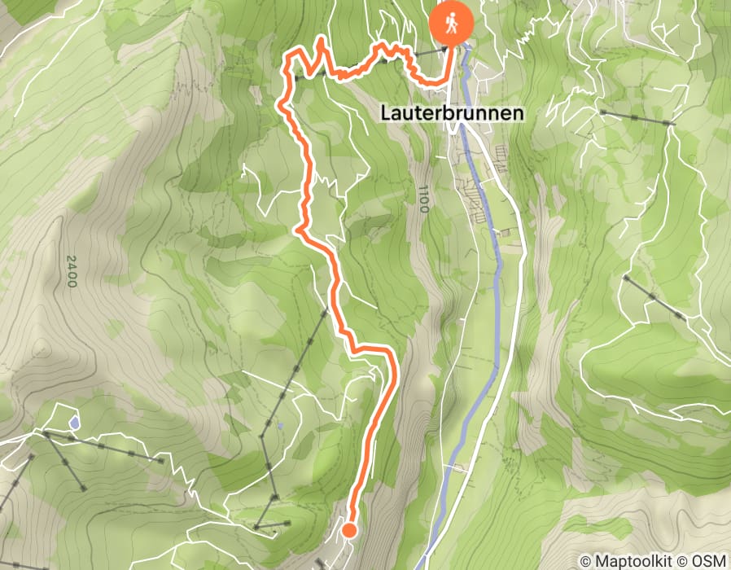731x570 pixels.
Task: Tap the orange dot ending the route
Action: (349, 531)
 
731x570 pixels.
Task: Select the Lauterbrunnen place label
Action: (451, 114)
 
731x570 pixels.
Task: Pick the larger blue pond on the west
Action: (74, 423)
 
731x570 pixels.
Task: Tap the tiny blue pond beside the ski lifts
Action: (279, 425)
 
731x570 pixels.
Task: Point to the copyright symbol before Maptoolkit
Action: (586, 561)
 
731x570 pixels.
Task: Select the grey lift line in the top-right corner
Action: (635, 118)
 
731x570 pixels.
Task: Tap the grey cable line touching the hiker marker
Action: (429, 52)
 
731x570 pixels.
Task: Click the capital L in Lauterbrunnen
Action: (385, 114)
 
